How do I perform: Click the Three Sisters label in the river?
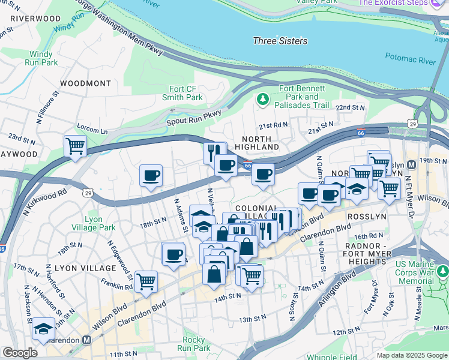click(280, 41)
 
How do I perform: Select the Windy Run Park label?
click(42, 58)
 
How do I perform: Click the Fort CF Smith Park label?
click(182, 93)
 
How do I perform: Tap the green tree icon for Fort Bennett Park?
click(262, 98)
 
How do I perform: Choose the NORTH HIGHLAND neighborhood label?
click(257, 143)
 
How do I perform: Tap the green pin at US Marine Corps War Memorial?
click(443, 273)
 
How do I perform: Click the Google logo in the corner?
click(19, 353)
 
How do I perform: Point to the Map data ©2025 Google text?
click(412, 355)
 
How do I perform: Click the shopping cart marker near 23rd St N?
click(75, 146)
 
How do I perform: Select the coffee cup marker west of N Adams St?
click(151, 175)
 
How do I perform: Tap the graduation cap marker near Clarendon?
click(43, 328)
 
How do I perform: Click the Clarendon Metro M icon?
click(86, 340)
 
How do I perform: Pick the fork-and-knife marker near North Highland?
click(214, 151)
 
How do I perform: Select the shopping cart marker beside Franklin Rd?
click(146, 280)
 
